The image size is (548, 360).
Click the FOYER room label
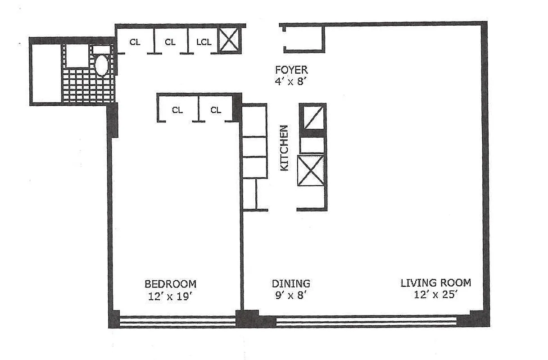pos(291,70)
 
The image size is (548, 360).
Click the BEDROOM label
pos(170,284)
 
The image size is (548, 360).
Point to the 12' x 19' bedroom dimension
pos(170,297)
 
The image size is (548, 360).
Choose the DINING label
pos(291,284)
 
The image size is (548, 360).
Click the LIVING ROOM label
pos(436,283)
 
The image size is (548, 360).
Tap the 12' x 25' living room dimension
pos(436,295)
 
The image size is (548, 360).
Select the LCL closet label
pos(204,42)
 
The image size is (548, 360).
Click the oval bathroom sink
pos(102,66)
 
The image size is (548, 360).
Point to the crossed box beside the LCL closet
pos(229,40)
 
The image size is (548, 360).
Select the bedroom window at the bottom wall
pos(177,321)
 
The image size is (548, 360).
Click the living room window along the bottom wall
pos(366,321)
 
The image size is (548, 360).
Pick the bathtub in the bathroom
pos(45,72)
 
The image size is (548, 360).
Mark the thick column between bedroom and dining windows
pos(248,319)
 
